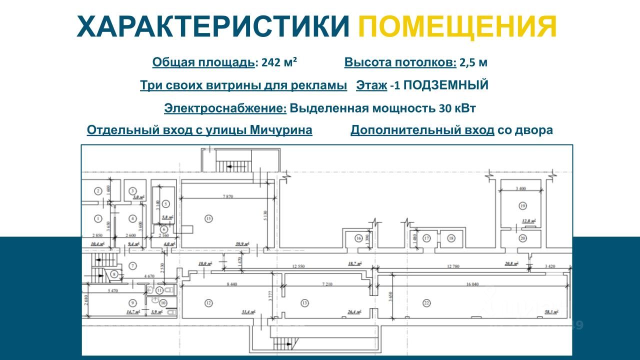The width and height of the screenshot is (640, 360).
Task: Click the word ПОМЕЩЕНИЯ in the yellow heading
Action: [x=457, y=27]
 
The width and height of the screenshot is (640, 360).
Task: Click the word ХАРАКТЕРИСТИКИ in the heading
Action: [x=213, y=27]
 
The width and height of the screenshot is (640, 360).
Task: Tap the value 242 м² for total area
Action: [x=278, y=62]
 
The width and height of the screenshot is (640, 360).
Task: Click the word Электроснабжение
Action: [x=225, y=108]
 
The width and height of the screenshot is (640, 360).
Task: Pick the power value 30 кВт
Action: [x=457, y=108]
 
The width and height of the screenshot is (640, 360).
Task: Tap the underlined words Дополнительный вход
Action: [x=422, y=130]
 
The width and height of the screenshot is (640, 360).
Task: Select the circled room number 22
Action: [x=426, y=302]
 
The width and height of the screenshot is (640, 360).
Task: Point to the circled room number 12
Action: [x=208, y=302]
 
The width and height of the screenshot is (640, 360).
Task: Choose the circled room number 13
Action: [x=304, y=302]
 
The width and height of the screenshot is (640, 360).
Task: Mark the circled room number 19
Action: [x=522, y=205]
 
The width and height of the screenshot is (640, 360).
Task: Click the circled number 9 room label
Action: [x=132, y=302]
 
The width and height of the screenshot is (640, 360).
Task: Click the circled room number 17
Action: [x=426, y=238]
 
